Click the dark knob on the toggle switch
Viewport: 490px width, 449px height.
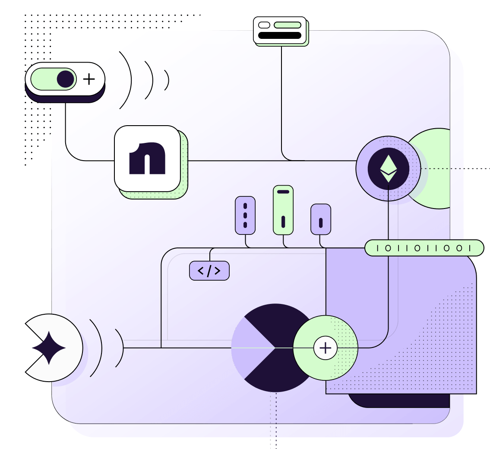tap(65, 79)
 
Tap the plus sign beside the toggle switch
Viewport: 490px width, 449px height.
tap(89, 79)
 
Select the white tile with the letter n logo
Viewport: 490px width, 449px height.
tap(147, 158)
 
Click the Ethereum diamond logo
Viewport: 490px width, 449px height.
tap(388, 168)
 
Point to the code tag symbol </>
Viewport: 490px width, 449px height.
tap(209, 271)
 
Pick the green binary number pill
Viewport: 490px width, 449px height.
tap(424, 248)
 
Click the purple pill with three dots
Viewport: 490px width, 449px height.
tap(245, 215)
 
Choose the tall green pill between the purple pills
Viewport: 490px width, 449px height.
tap(283, 210)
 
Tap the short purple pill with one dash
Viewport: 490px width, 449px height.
tap(321, 219)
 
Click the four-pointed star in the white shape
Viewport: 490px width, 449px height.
tap(49, 348)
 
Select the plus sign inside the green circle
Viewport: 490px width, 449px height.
tap(325, 348)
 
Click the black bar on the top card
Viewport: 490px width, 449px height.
tap(279, 35)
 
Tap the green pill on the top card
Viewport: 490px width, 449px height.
tap(287, 25)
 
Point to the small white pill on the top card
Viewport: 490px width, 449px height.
tap(264, 25)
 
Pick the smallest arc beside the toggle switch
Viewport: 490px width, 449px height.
tap(167, 80)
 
